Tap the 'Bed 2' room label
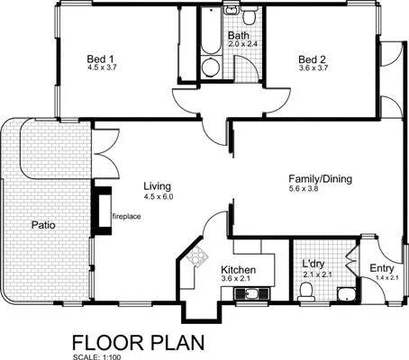(312, 59)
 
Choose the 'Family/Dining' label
(319, 179)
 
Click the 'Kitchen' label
(238, 270)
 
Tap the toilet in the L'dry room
(305, 290)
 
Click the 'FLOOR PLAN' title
(138, 342)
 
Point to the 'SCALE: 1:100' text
(94, 356)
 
